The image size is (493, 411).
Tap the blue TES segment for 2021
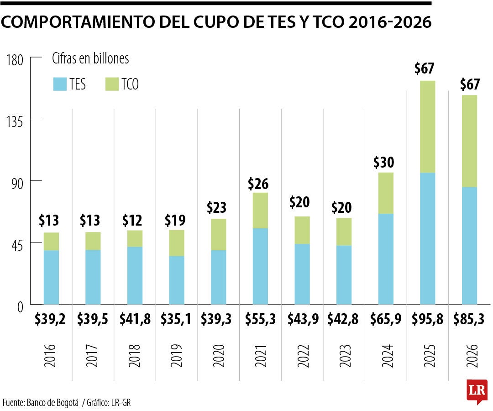(260, 266)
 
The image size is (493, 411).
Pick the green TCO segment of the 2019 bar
(177, 242)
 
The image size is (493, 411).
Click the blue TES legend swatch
(59, 84)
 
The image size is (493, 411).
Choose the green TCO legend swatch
(111, 84)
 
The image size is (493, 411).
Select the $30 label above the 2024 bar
(385, 163)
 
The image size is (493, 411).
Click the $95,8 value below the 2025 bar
(427, 320)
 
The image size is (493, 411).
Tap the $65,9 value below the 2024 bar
(385, 320)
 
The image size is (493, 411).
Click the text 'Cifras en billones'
(90, 59)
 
